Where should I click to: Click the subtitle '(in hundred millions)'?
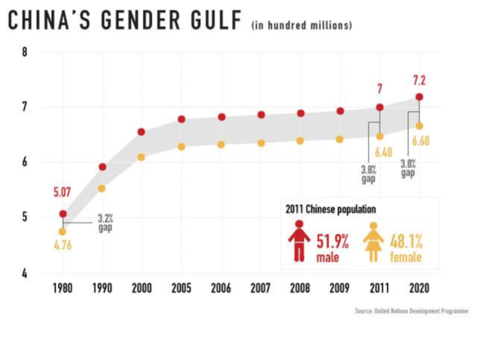[x=301, y=25]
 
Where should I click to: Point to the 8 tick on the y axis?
[x=25, y=52]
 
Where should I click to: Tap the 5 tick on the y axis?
[x=25, y=217]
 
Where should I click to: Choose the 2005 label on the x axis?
[x=181, y=289]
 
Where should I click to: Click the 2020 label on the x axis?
[x=418, y=289]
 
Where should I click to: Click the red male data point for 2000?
[x=141, y=132]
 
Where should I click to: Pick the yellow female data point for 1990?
[x=102, y=188]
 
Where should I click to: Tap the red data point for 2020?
[x=418, y=97]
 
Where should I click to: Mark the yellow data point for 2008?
[x=300, y=140]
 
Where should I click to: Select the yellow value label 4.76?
[x=62, y=245]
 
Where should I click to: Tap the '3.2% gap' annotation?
[x=105, y=223]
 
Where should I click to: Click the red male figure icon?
[x=298, y=241]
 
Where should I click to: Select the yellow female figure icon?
[x=373, y=241]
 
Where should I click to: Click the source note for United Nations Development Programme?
[x=411, y=310]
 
